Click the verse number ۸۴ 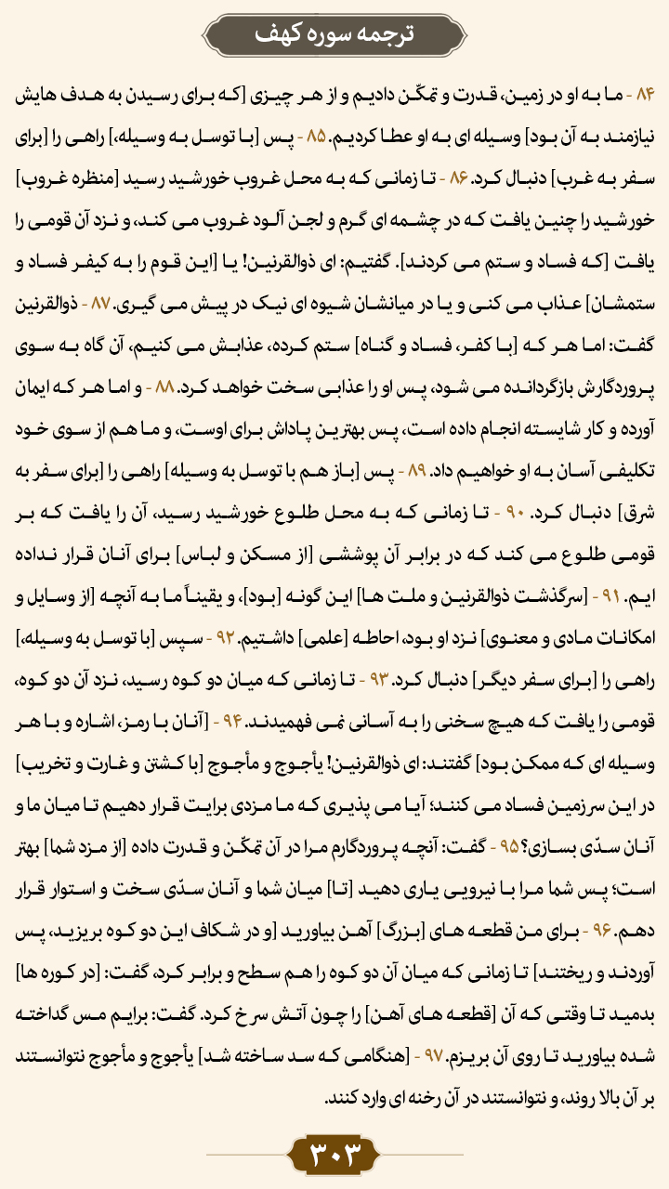(645, 96)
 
